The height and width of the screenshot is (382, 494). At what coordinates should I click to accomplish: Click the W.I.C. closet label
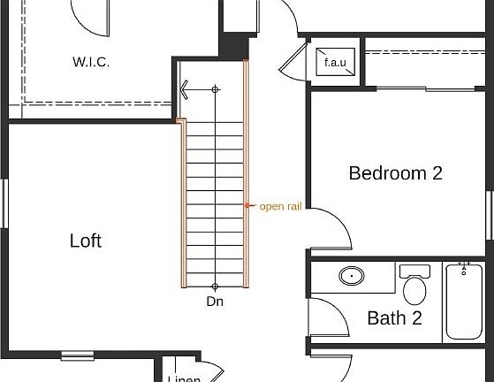pos(90,63)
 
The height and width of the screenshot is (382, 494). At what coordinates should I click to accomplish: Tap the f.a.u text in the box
pos(335,63)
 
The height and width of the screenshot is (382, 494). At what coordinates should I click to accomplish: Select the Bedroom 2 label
pos(395,173)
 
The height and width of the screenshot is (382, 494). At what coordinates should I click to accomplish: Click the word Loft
pos(86,241)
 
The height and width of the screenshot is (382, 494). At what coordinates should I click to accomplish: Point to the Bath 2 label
pos(394,317)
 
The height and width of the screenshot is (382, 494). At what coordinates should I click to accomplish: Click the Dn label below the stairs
pos(215,302)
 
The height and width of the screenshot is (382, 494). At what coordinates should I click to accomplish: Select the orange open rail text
pos(280,207)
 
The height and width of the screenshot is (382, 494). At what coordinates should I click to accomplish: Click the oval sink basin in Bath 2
pos(352,277)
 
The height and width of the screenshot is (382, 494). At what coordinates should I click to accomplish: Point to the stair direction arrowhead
pos(184,89)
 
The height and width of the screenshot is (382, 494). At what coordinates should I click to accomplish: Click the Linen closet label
pos(184,378)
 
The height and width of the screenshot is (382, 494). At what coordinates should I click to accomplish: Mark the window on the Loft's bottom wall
pos(77,355)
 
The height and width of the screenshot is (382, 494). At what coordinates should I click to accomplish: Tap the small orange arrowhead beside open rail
pos(247,206)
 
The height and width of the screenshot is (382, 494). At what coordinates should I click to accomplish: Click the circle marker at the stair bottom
pos(215,286)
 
